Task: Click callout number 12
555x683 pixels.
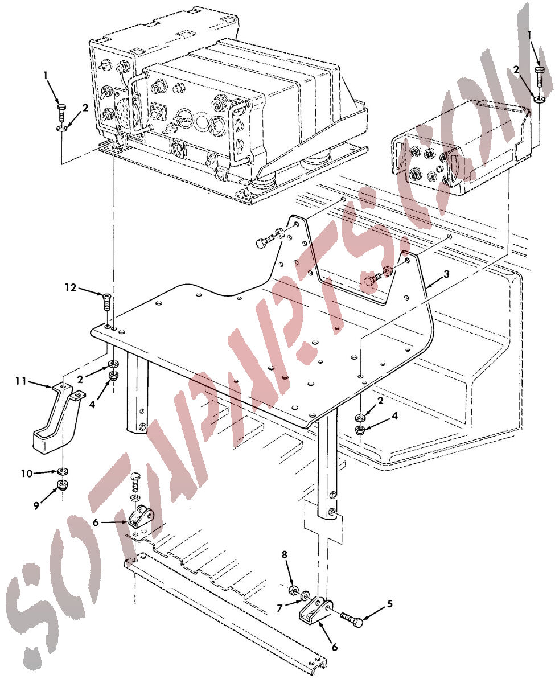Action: click(x=71, y=287)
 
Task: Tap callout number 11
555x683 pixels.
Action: click(x=21, y=381)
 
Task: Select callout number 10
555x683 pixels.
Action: click(x=26, y=474)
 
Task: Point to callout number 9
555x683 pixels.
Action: click(x=36, y=506)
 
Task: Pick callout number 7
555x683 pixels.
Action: click(x=279, y=608)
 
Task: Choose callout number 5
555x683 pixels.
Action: click(x=389, y=604)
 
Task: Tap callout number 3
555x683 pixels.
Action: click(x=446, y=274)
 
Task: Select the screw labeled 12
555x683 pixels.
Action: click(x=106, y=302)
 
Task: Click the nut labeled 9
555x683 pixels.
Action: click(x=61, y=484)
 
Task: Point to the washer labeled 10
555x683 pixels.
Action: click(x=62, y=471)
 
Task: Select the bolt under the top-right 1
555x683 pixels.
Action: click(x=539, y=77)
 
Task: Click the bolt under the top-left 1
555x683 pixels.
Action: click(x=61, y=112)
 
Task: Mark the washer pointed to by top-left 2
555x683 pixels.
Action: click(x=61, y=129)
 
